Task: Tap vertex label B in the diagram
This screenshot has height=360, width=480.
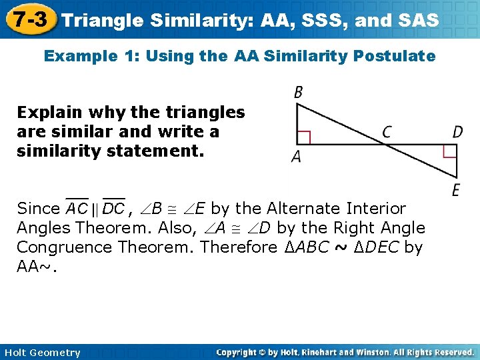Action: (298, 93)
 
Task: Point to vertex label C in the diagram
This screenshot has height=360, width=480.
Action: (387, 132)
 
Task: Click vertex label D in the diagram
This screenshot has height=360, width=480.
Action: (457, 132)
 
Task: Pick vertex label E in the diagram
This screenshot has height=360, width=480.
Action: (456, 191)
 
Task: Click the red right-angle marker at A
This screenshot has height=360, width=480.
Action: (304, 137)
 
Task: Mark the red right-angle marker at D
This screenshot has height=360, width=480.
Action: (450, 151)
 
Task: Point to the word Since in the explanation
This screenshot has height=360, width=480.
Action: (38, 209)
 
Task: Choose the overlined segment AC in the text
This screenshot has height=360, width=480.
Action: (77, 209)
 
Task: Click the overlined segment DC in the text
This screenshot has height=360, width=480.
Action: (113, 209)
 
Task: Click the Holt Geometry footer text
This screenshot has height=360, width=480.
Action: (41, 353)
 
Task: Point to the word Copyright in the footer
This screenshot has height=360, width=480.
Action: (239, 352)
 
